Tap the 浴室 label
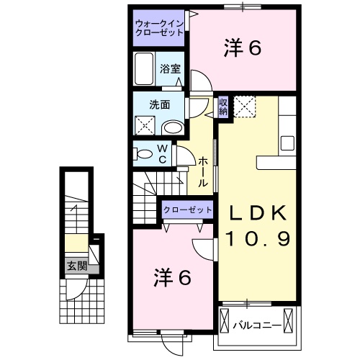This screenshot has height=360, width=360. tap(170, 69)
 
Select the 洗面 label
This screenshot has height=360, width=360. tap(160, 104)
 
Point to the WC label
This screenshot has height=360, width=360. tap(162, 153)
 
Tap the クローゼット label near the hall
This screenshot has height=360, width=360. tap(187, 210)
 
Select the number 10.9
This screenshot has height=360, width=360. tap(259, 238)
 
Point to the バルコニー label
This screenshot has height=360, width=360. tap(257, 325)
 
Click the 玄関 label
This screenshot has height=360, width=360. tap(77, 266)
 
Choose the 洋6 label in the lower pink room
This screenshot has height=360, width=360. tap(173, 278)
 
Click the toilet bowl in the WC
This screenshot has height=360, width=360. tap(143, 153)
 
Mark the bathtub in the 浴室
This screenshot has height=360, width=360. tap(145, 70)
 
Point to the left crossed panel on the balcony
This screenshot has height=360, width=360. tap(224, 320)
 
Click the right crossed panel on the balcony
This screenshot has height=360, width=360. tap(290, 320)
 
